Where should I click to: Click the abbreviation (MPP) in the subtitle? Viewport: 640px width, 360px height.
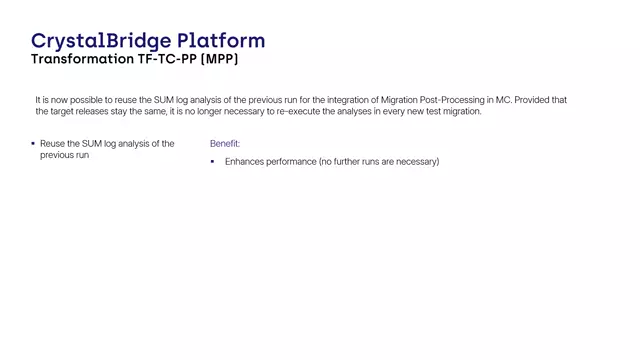(222, 60)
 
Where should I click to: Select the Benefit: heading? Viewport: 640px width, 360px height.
(225, 144)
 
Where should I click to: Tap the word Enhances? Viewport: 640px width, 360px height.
(246, 161)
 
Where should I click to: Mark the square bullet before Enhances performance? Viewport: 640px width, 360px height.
(213, 161)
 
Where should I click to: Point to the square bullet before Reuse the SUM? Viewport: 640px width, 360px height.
(33, 144)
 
